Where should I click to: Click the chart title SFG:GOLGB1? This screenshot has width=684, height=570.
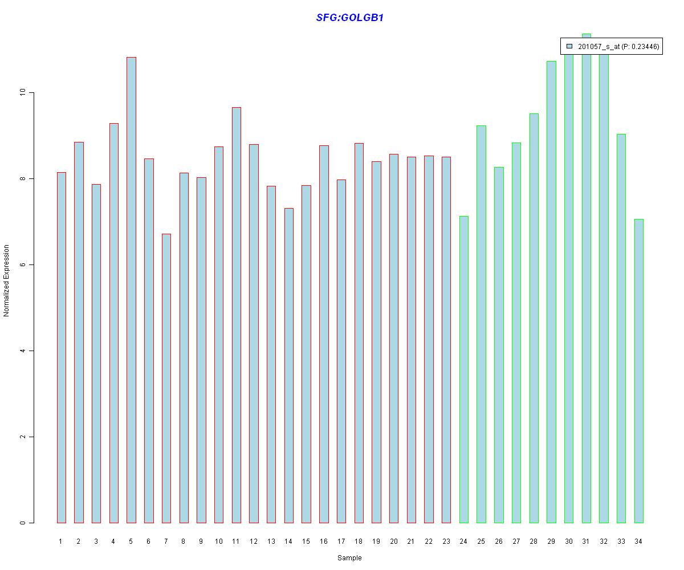point(349,18)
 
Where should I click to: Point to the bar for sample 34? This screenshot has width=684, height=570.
point(638,370)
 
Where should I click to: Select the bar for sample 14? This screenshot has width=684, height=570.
point(288,365)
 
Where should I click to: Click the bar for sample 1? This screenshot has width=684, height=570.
point(61,347)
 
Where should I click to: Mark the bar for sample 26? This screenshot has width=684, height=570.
point(499,345)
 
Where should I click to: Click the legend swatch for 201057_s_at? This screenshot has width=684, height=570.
point(569,47)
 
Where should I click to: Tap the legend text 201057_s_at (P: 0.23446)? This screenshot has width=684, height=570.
point(618,47)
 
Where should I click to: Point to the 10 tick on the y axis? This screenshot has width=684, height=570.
point(31,92)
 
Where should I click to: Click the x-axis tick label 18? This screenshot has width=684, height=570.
point(359,541)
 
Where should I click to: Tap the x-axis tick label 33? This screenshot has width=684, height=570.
point(621,541)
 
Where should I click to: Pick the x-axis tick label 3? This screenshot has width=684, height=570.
point(96,541)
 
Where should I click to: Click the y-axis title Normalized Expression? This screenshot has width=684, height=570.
point(7,280)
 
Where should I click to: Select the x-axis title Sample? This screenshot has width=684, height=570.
point(349,558)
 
